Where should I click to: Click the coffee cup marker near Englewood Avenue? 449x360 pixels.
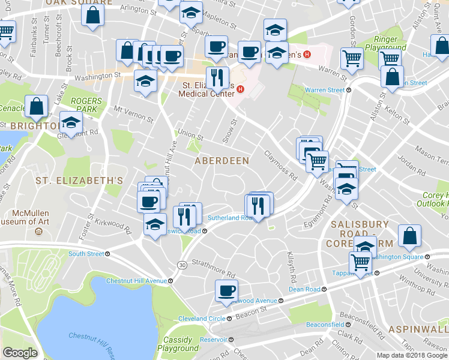[227, 291]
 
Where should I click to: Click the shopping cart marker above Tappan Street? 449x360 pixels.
[360, 262]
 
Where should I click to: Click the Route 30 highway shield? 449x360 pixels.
[181, 265]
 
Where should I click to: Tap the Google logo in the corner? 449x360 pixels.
[20, 353]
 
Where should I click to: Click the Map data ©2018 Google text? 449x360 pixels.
[412, 355]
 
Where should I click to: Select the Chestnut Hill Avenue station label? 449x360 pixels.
[136, 281]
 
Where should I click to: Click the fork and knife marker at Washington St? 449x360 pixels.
[217, 77]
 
